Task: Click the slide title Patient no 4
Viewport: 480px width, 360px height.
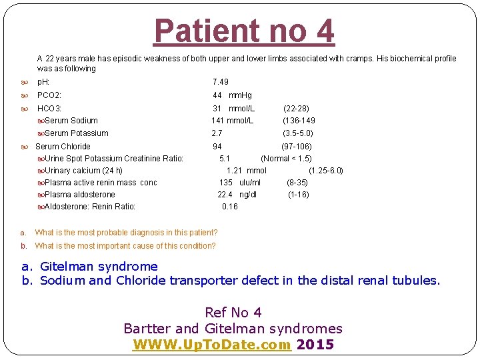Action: pos(244,31)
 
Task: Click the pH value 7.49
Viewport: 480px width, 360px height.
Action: pos(220,82)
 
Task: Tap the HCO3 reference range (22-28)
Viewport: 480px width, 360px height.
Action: pos(296,108)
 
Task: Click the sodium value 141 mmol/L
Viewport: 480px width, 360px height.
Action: pos(232,121)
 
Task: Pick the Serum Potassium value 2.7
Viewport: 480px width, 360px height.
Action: pos(217,133)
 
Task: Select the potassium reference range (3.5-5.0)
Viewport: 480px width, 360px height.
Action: pos(298,133)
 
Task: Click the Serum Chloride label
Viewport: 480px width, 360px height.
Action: pos(63,147)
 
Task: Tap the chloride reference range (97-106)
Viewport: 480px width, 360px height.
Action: pos(297,147)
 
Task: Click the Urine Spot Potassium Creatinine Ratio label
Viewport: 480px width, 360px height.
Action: pos(114,159)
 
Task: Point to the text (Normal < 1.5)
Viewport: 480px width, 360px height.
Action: pos(286,159)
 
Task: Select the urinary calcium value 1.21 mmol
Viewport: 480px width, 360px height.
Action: pos(246,171)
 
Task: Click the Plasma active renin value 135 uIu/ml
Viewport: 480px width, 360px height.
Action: pos(240,183)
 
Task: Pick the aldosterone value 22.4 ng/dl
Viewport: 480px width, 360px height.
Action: pos(237,195)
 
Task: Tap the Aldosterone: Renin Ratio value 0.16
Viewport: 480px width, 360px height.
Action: pos(229,207)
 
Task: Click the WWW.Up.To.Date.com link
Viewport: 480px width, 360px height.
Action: pos(212,345)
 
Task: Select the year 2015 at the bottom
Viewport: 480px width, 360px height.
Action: pos(315,345)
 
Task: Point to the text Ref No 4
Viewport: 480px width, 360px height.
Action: pos(233,312)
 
